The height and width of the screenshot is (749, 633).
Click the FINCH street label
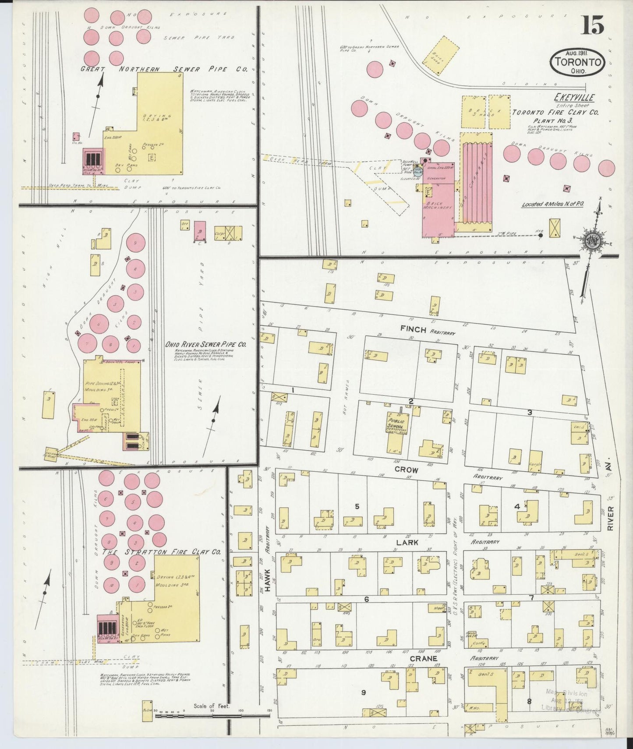413,329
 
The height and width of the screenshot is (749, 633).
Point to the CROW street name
407,470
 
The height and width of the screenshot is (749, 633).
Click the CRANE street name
424,658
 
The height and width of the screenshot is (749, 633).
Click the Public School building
397,432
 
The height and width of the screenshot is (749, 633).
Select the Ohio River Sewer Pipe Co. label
205,344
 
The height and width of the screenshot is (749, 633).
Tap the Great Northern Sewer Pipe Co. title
164,69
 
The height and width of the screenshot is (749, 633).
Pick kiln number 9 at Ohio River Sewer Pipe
136,242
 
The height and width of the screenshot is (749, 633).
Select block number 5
357,506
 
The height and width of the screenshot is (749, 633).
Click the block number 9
363,704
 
